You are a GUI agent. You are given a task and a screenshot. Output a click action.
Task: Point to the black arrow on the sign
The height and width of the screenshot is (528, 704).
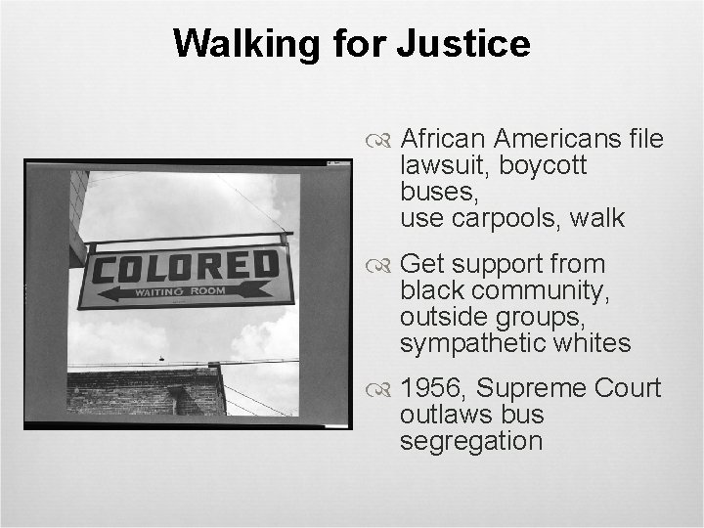coord(186,291)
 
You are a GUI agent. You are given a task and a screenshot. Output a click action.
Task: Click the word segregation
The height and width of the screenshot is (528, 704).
coord(470,441)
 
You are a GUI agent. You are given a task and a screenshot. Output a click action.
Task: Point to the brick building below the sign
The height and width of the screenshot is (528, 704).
coord(147,391)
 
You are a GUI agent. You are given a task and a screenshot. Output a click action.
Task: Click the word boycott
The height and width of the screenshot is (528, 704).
coord(543,166)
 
